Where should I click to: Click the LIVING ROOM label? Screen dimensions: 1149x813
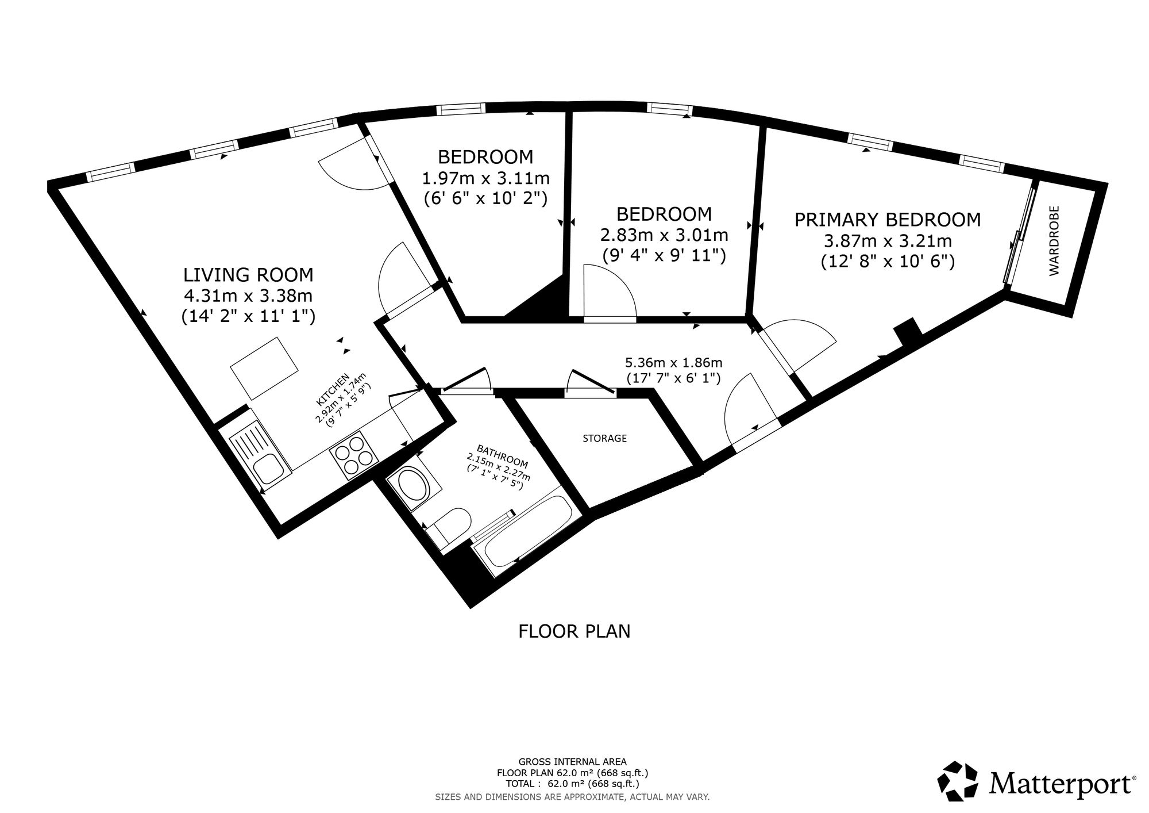[x=248, y=275]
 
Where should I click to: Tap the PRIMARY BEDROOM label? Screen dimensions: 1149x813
[x=888, y=220]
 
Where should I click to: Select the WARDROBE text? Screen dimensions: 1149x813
[x=1054, y=241]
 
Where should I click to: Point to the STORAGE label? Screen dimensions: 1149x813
[x=604, y=438]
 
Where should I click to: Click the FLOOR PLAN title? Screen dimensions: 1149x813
[x=574, y=631]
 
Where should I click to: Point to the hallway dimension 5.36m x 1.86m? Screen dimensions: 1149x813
[x=673, y=363]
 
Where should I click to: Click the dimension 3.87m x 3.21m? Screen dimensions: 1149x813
[x=888, y=240]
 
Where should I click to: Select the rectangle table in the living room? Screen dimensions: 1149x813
[x=265, y=369]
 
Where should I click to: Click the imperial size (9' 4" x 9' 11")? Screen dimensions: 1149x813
[x=664, y=255]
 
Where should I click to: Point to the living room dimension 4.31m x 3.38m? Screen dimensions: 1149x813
[x=248, y=296]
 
